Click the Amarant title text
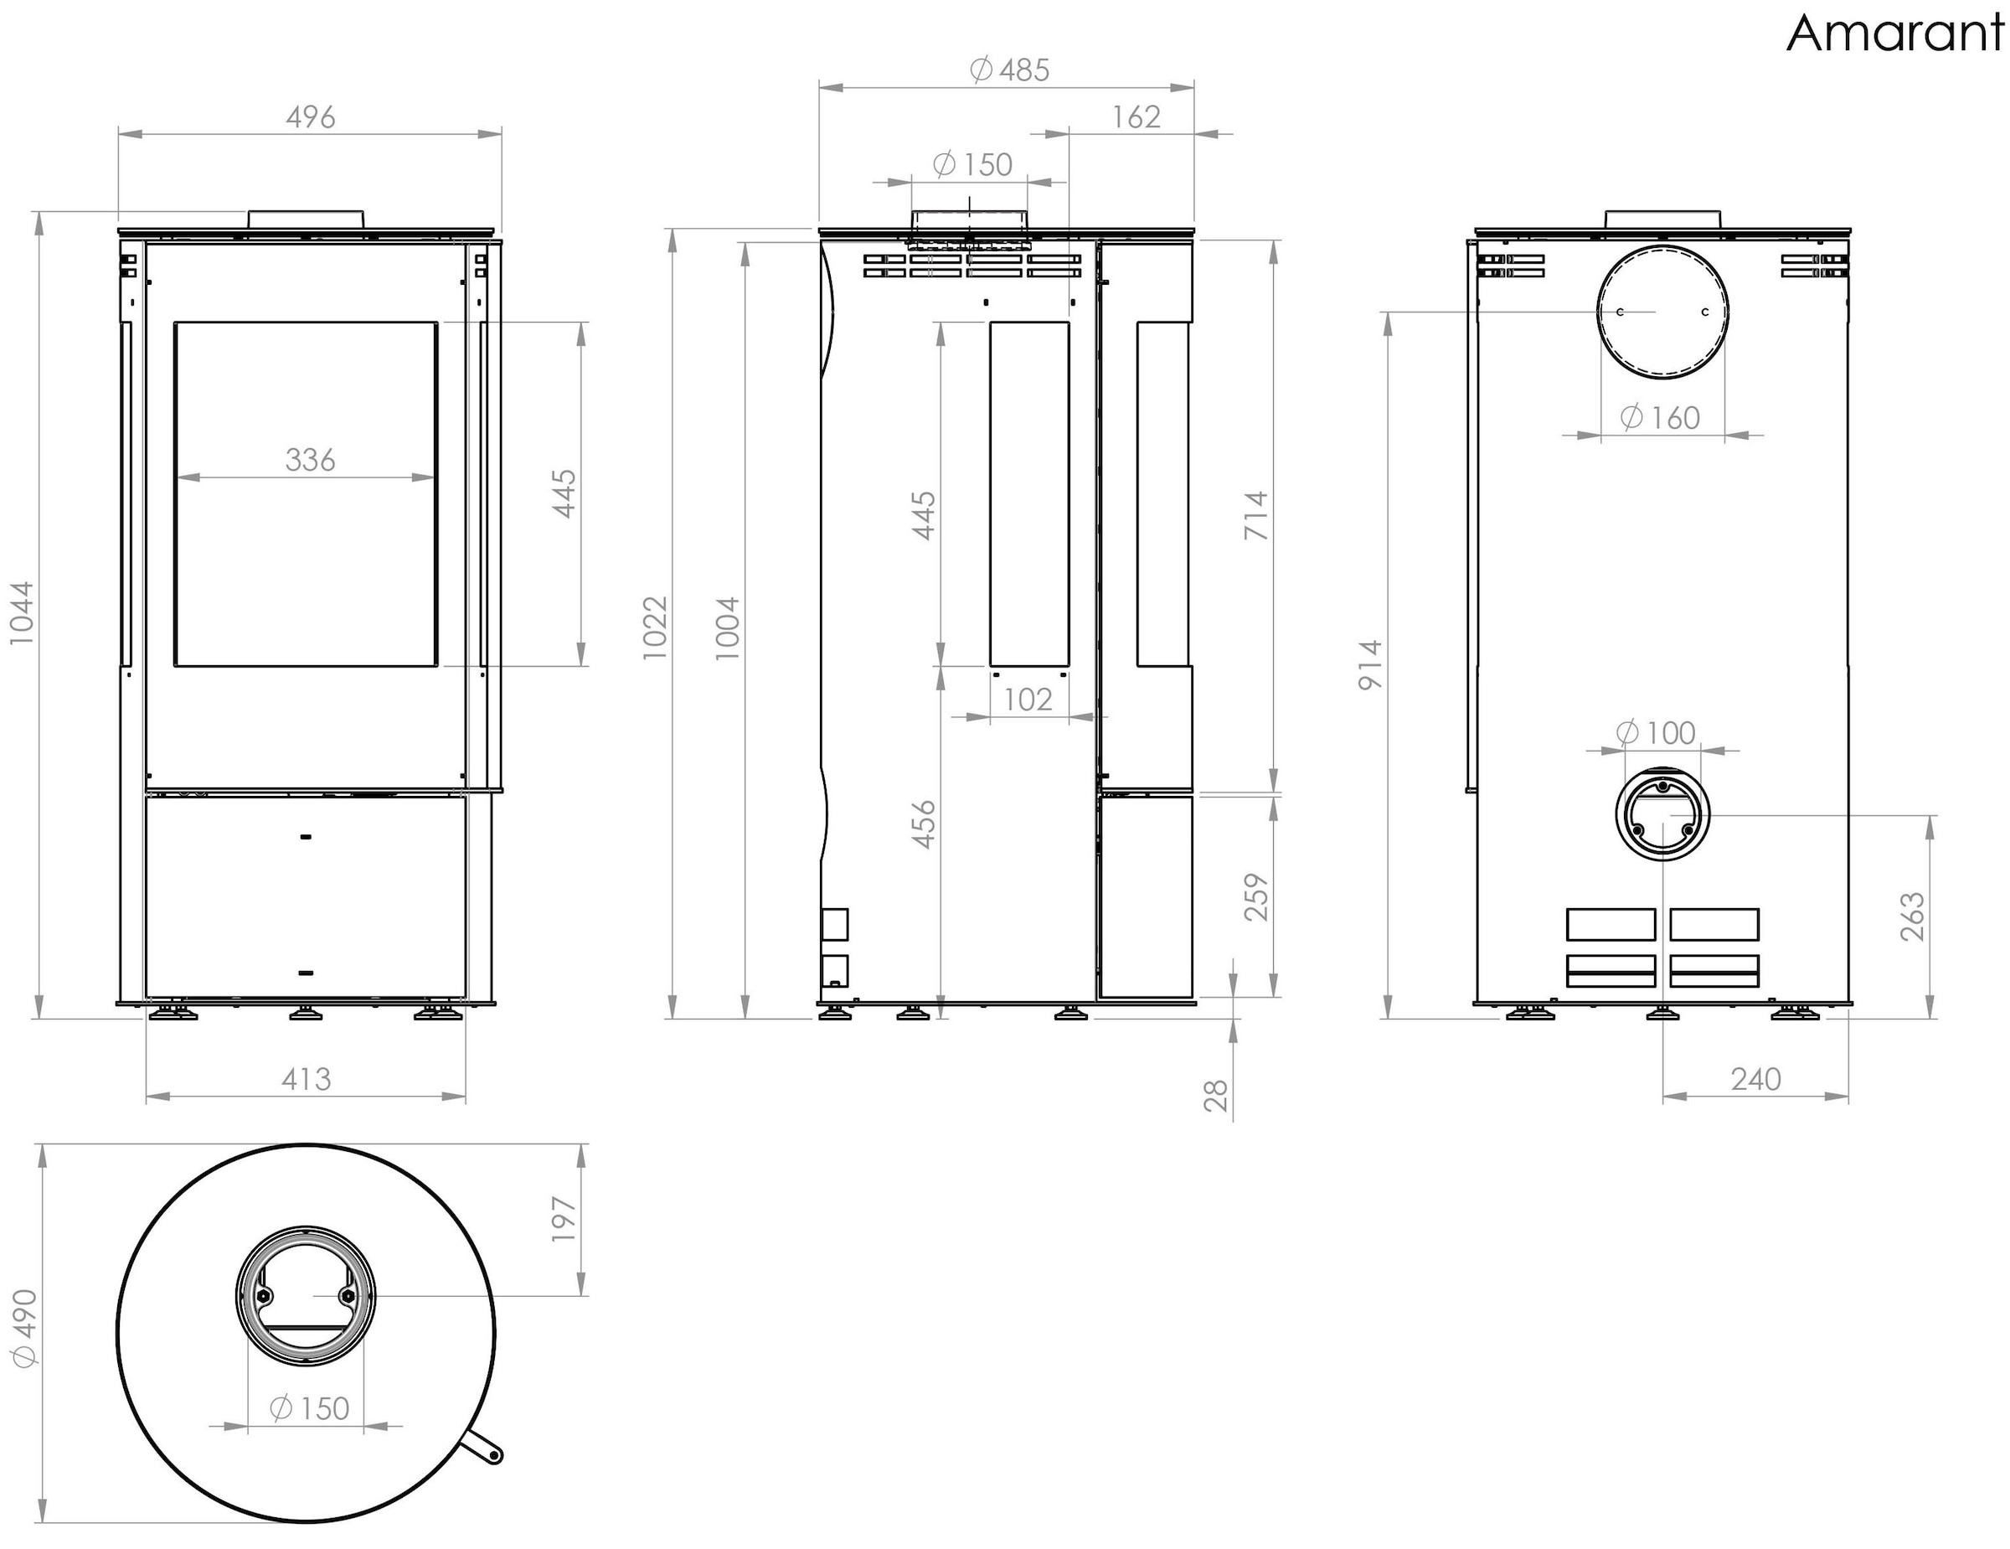(x=1896, y=34)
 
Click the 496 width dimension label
(x=310, y=118)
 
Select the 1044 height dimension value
(x=21, y=613)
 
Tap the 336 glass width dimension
(x=310, y=459)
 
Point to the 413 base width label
(x=306, y=1079)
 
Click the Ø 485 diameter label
(x=1009, y=70)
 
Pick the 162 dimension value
(x=1136, y=118)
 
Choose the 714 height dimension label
(x=1256, y=515)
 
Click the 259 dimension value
(x=1256, y=897)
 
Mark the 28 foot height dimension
(x=1216, y=1095)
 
